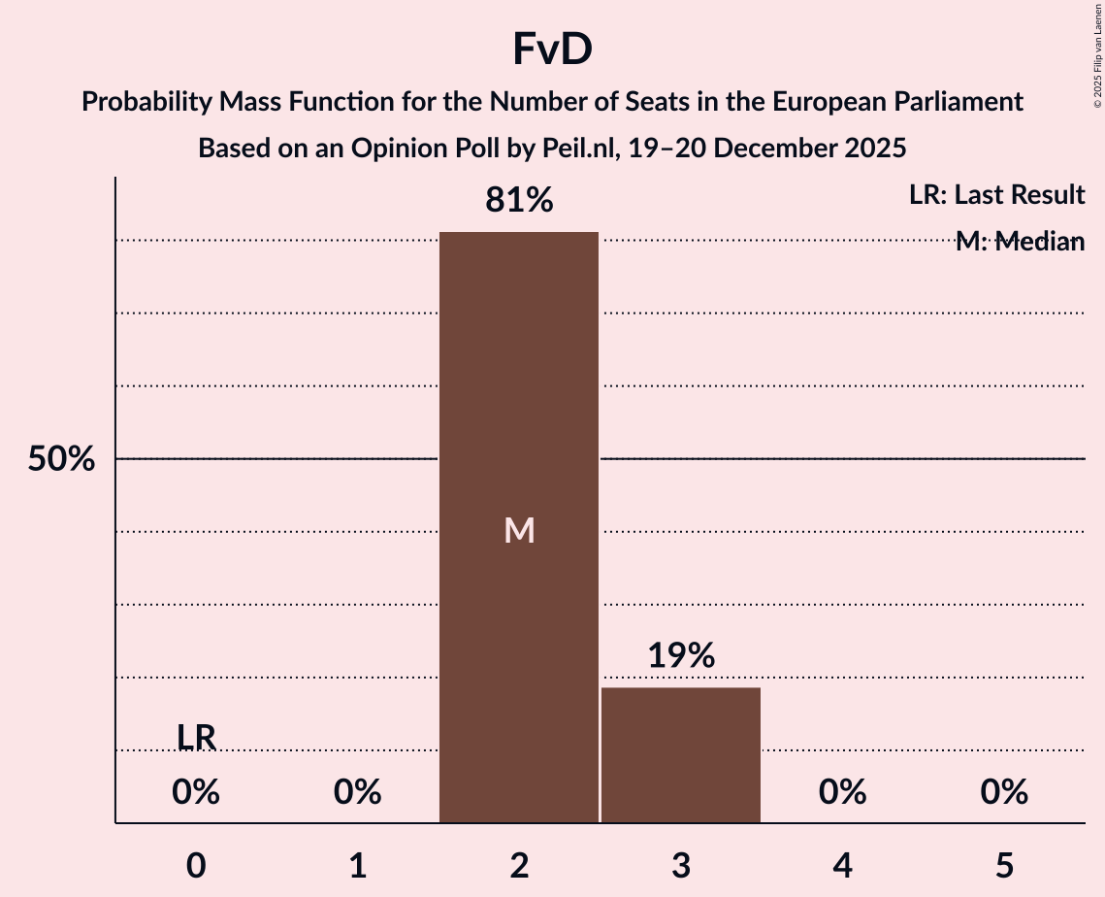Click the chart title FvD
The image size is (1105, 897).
552,50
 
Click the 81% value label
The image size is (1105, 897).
519,201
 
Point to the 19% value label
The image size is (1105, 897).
681,656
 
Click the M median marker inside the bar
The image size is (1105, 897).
519,530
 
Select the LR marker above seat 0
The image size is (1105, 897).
196,737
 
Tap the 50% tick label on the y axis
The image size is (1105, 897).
61,459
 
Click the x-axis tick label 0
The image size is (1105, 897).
196,866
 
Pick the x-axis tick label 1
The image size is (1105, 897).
358,866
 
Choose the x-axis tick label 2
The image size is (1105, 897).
519,866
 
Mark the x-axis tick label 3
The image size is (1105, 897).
681,866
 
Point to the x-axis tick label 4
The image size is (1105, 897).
842,866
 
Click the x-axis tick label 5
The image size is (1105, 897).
1004,866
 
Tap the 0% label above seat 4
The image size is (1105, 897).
842,793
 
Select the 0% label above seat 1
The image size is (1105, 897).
358,793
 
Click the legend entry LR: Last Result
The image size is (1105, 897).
996,195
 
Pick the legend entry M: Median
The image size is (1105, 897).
1020,242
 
